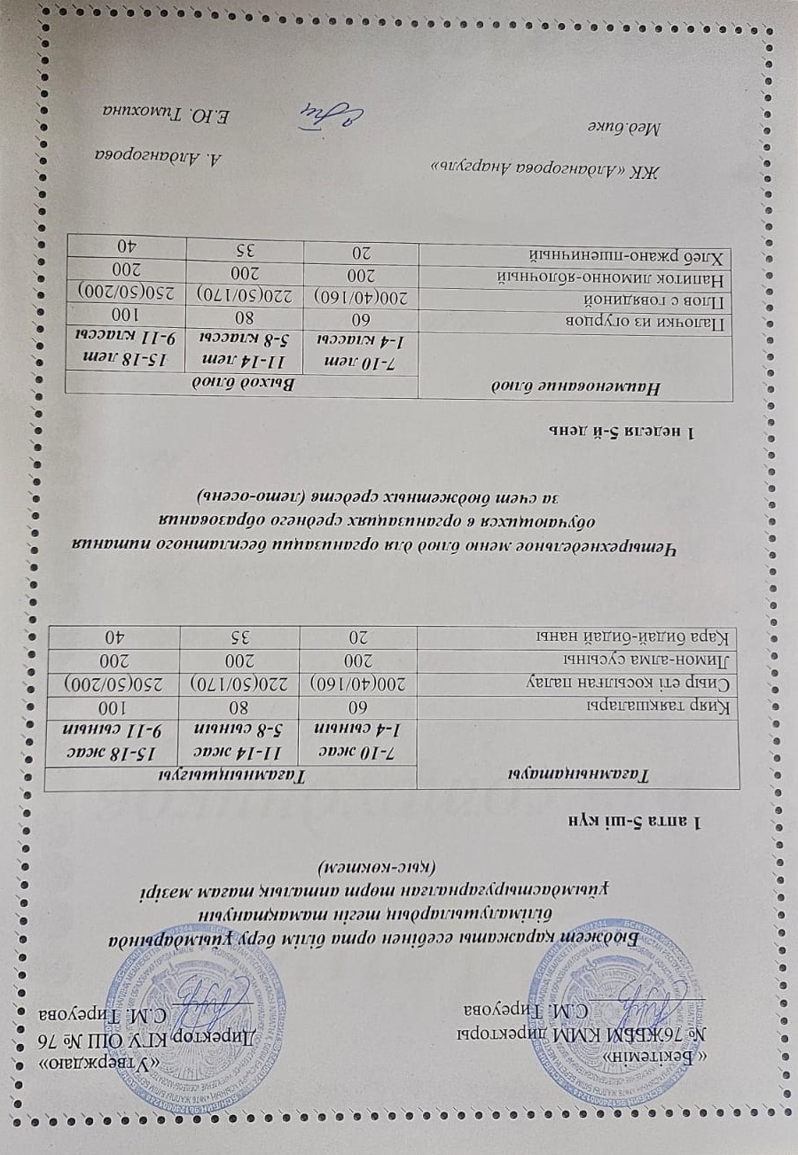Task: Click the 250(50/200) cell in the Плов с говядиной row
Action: click(131, 291)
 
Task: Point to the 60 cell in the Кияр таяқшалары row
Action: click(359, 706)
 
